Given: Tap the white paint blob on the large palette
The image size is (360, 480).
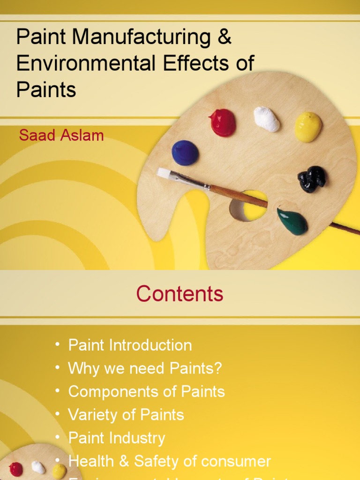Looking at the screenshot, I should (266, 119).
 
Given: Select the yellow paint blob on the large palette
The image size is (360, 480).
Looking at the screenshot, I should (308, 127).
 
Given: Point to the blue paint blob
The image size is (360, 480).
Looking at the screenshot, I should (185, 153).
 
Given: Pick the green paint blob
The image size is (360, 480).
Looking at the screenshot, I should (292, 221).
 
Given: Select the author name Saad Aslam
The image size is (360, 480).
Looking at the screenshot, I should (61, 135).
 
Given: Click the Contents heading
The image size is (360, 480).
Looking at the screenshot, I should (180, 294).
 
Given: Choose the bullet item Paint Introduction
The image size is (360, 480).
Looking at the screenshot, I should (130, 345).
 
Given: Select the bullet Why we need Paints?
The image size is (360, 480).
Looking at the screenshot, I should (145, 368).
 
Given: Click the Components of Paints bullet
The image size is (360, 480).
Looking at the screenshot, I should (146, 391).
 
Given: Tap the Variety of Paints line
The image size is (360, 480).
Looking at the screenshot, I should (126, 414).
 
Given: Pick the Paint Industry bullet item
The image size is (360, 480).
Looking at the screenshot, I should (117, 438).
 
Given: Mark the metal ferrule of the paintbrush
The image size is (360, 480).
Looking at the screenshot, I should (189, 180).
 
